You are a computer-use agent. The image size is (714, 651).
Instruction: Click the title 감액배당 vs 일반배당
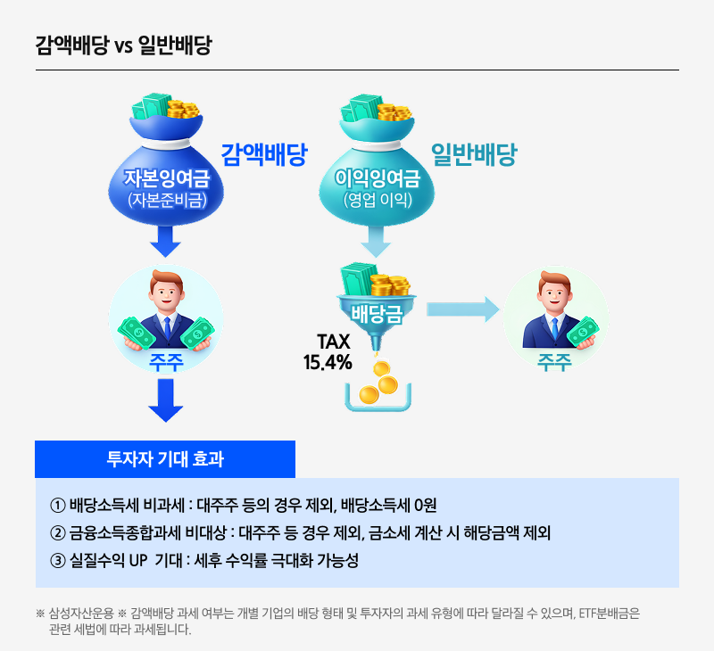click(x=123, y=46)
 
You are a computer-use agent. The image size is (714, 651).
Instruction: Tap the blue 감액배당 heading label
click(x=263, y=155)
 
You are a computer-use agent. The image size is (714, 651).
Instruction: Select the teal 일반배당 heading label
click(x=474, y=155)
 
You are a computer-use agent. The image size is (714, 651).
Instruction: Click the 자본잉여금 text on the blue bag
click(x=165, y=179)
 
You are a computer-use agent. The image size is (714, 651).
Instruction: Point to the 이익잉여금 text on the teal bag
click(x=377, y=179)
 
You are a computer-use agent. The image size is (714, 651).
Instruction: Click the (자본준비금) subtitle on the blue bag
click(x=166, y=200)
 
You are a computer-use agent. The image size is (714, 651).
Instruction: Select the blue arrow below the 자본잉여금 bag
click(x=165, y=240)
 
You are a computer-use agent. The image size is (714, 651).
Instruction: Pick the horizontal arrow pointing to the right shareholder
click(x=461, y=309)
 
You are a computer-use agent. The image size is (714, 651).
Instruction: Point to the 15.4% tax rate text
click(x=328, y=363)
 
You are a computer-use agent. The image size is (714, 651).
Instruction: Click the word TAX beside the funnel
click(x=334, y=342)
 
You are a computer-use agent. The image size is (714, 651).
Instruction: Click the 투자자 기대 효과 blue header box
click(x=165, y=459)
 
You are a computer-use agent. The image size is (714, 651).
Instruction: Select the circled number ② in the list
click(x=58, y=533)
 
